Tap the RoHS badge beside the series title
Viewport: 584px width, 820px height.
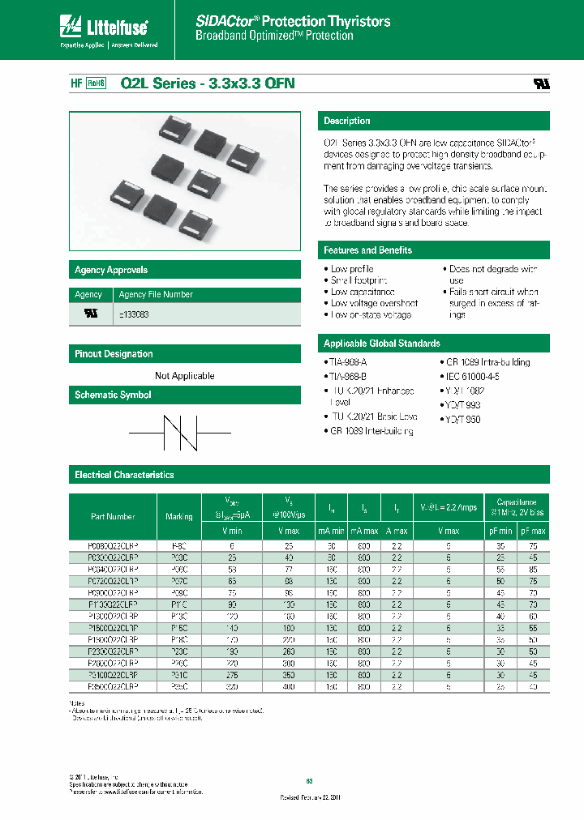[97, 83]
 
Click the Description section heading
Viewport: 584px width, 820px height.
[346, 121]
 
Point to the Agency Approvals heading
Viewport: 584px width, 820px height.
[111, 270]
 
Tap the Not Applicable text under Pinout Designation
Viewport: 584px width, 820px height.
[185, 376]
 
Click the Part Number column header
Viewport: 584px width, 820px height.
[113, 516]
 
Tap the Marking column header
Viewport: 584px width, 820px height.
[178, 516]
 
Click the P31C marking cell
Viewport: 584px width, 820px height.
[178, 673]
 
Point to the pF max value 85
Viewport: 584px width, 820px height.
[533, 569]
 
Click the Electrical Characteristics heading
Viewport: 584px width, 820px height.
[124, 475]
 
